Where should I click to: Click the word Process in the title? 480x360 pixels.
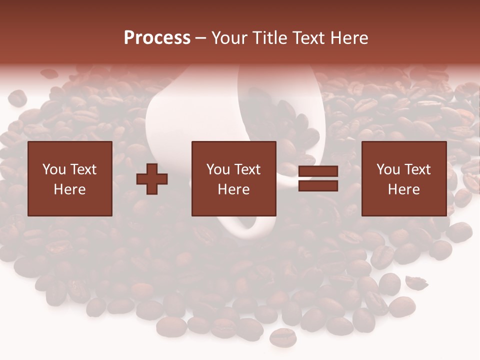(157, 38)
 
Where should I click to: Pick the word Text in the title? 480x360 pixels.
(309, 38)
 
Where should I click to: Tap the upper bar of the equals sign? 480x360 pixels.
(318, 172)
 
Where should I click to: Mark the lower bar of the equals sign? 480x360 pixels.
(318, 186)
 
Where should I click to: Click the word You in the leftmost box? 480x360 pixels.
(53, 169)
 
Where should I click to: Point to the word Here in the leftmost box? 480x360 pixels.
(70, 189)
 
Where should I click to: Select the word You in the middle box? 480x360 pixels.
(217, 169)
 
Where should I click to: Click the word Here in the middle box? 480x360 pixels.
(234, 189)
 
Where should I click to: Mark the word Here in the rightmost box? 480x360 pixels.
(404, 189)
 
